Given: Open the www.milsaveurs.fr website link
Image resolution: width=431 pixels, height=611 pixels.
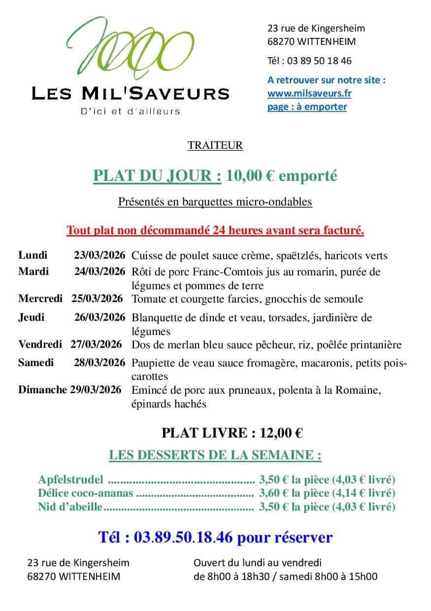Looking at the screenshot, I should pyautogui.click(x=309, y=93).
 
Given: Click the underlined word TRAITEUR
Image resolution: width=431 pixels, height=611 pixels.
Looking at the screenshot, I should pyautogui.click(x=215, y=145).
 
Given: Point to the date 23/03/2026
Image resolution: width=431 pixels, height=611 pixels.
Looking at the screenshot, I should pyautogui.click(x=99, y=255).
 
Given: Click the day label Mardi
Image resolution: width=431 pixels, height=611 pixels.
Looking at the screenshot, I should pyautogui.click(x=33, y=271).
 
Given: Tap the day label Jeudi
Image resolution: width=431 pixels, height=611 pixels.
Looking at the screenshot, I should pyautogui.click(x=31, y=317).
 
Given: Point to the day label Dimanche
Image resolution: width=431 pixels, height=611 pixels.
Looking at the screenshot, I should pyautogui.click(x=42, y=390).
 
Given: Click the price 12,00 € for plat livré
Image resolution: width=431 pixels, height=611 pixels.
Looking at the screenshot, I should pyautogui.click(x=281, y=433).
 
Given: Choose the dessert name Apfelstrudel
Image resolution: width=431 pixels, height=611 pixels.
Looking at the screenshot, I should pyautogui.click(x=70, y=479).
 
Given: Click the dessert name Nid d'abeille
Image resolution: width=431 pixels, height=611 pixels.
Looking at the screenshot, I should pyautogui.click(x=70, y=506).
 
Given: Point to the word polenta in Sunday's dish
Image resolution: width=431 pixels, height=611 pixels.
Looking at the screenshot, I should pyautogui.click(x=295, y=390).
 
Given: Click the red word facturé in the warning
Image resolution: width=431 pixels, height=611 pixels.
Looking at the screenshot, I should pyautogui.click(x=343, y=230).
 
